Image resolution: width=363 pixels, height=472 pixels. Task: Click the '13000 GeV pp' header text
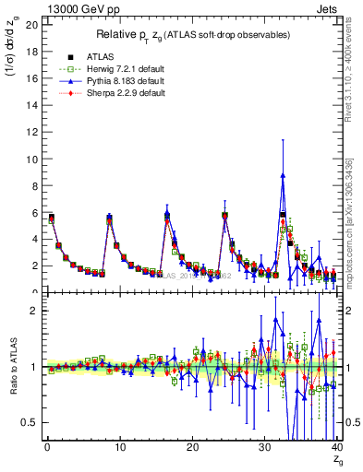click(81, 8)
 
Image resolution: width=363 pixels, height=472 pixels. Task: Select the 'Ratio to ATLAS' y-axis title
click(11, 366)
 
